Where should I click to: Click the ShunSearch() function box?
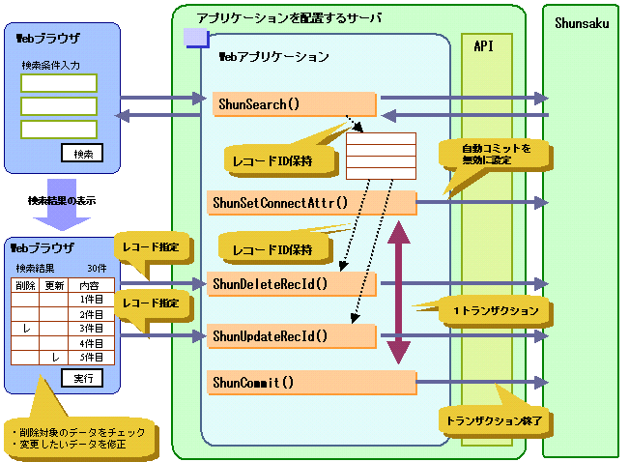[295, 104]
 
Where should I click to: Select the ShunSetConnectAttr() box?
[311, 203]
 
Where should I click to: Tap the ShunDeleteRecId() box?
[292, 284]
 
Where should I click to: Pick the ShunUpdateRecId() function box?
[292, 336]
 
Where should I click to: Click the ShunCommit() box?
[311, 383]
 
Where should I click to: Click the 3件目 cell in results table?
[91, 329]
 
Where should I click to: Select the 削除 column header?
[25, 285]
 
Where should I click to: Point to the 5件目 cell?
[91, 358]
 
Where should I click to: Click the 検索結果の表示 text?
[62, 201]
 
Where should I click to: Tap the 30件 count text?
[98, 268]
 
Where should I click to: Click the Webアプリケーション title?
[274, 57]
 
